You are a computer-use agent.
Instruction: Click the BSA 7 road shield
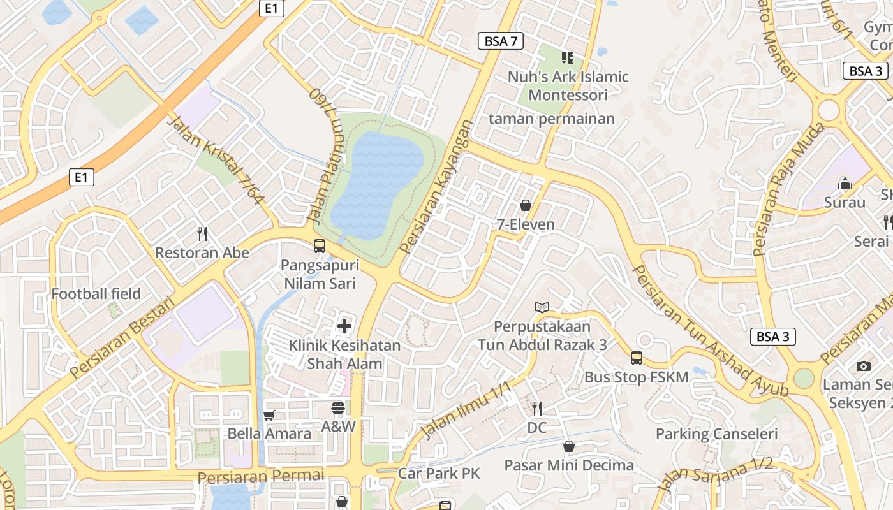click(x=501, y=41)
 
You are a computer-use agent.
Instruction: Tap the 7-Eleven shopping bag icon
click(x=526, y=205)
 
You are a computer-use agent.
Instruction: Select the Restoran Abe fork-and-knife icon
click(x=202, y=234)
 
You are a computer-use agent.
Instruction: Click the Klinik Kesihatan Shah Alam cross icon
click(x=344, y=326)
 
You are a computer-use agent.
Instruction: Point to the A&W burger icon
click(x=338, y=408)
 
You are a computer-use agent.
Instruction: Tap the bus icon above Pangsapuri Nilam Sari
click(x=320, y=246)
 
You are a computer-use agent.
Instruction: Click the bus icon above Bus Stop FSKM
click(x=636, y=358)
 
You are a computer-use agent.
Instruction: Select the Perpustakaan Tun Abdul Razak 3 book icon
click(x=542, y=308)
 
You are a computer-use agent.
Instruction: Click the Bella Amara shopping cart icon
click(x=269, y=416)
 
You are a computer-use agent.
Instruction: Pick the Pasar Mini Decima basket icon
click(x=568, y=446)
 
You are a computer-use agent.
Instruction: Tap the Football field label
click(x=96, y=294)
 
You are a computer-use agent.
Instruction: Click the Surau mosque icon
click(x=845, y=184)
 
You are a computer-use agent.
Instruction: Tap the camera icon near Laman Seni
click(x=864, y=366)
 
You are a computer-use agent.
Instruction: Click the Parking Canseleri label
click(x=717, y=434)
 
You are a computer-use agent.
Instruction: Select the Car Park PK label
click(x=439, y=474)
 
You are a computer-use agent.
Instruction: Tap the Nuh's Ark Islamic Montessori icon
click(x=568, y=58)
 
